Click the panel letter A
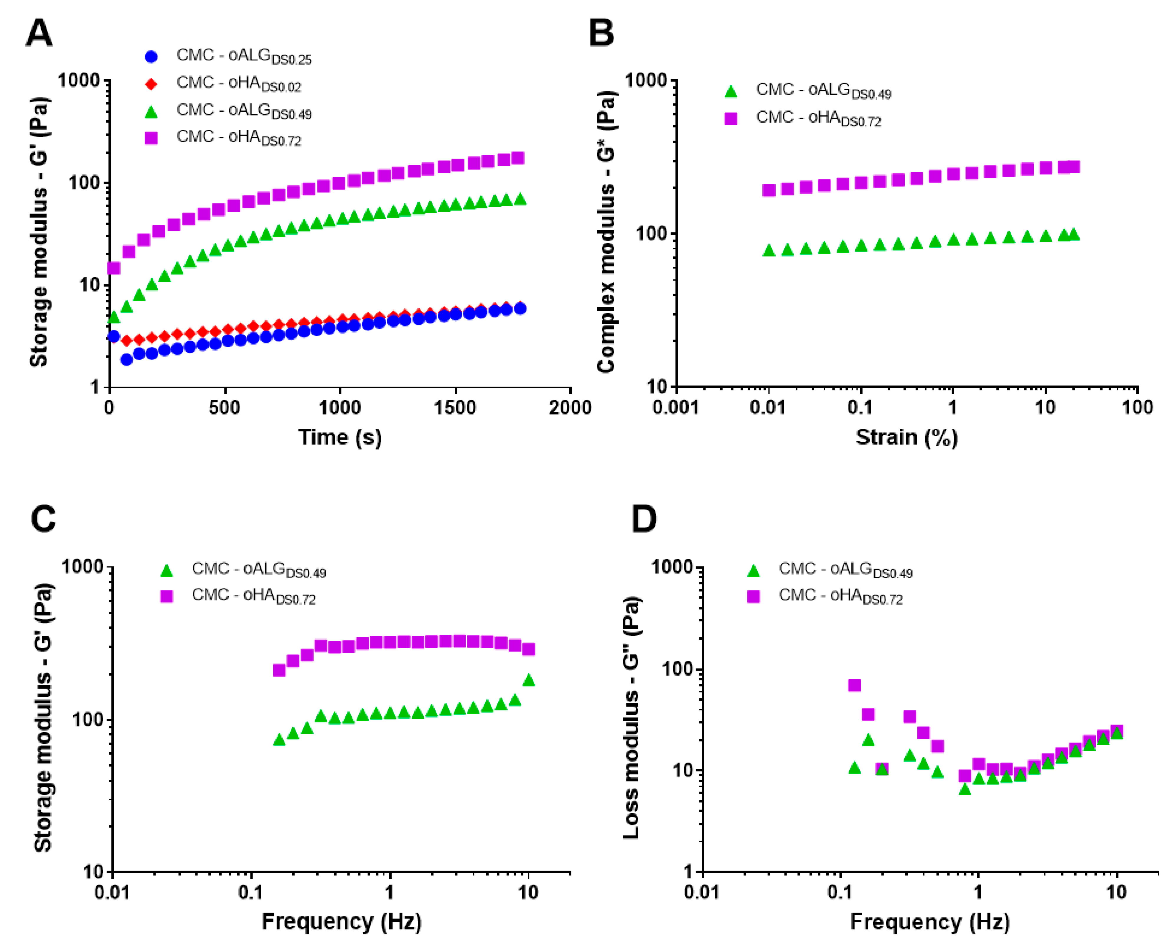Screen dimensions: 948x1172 tap(39, 34)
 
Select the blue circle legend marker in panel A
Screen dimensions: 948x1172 tap(151, 56)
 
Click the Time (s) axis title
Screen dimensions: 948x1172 tap(339, 437)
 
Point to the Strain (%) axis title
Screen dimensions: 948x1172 tap(906, 437)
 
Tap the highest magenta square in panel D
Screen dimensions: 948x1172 tap(854, 685)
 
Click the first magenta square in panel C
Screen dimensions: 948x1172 tap(279, 670)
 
